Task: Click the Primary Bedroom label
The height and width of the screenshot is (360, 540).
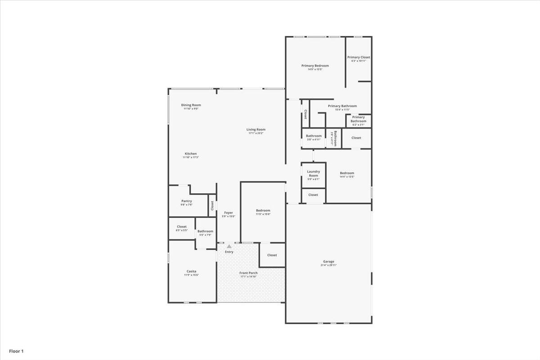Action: coord(315,66)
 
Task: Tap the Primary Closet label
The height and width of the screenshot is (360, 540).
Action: coord(359,57)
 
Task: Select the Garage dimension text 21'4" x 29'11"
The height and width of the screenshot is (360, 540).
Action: coord(328,265)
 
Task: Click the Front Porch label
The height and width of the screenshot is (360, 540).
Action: coord(248,273)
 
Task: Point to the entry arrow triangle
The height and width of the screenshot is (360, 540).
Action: coord(229,246)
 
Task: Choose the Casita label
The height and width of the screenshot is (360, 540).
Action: coord(191,271)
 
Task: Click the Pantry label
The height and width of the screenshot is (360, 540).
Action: coord(187,201)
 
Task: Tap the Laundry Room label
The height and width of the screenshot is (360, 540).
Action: coord(313,173)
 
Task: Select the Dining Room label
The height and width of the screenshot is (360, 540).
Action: coord(191,105)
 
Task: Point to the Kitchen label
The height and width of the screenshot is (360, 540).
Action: coord(191,153)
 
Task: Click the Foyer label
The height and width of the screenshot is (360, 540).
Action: coord(229,212)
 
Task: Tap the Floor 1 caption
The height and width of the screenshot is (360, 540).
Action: coord(16,351)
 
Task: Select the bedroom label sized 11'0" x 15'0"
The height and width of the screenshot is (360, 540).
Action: coord(263,211)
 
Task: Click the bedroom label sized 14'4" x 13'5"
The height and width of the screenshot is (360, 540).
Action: coord(347,173)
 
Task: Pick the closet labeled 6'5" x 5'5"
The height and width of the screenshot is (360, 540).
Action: coord(182,227)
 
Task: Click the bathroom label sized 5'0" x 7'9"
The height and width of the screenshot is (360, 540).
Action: coord(206,231)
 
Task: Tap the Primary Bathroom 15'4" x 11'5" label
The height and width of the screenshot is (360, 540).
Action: coord(342,106)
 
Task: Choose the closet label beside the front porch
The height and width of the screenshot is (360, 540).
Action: coord(272,255)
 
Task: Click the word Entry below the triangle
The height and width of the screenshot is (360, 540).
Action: coord(229,252)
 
